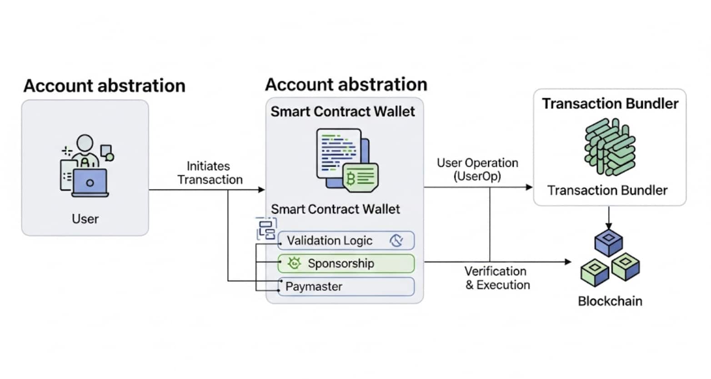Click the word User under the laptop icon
tap(85, 219)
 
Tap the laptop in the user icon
tap(90, 183)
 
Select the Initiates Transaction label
tap(210, 173)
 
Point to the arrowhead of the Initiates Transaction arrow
tap(261, 189)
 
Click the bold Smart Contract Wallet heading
tap(342, 111)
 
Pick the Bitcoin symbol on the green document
tap(350, 179)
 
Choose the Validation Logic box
tap(345, 240)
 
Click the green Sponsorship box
tap(345, 263)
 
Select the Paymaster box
tap(345, 286)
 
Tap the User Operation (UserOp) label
tap(477, 169)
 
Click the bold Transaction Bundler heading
tap(610, 104)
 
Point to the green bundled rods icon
tap(609, 146)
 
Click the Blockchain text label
tap(610, 301)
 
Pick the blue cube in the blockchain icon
tap(608, 242)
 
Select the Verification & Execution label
tap(497, 278)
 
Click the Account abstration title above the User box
tap(104, 85)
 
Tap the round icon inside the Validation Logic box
tap(396, 240)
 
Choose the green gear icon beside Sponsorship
tap(294, 263)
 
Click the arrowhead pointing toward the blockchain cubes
tap(568, 262)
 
